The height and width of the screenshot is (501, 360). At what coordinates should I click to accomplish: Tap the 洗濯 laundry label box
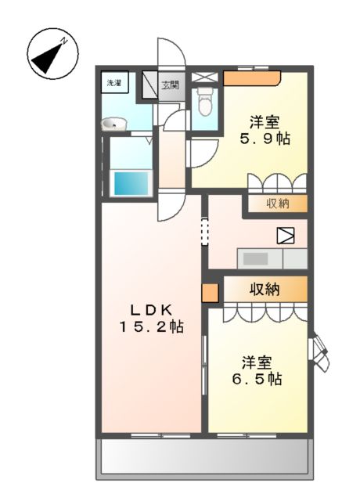click(x=114, y=81)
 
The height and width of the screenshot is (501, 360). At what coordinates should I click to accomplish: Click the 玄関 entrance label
click(x=170, y=84)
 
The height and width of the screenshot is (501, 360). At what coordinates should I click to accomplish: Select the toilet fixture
click(x=205, y=103)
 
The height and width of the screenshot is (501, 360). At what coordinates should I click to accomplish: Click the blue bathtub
click(x=131, y=183)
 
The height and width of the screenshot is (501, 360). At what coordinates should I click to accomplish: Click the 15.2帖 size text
click(x=151, y=326)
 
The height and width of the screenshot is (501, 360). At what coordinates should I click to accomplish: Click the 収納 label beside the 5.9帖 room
click(x=277, y=204)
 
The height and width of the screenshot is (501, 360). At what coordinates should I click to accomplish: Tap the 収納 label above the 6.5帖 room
click(x=265, y=289)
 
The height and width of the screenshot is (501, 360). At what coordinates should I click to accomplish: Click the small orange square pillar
click(x=210, y=294)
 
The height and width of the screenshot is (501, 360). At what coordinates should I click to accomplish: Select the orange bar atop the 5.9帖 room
click(x=251, y=77)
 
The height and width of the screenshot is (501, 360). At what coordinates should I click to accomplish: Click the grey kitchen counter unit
click(x=272, y=258)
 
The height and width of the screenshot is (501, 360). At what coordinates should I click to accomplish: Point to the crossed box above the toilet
click(x=204, y=77)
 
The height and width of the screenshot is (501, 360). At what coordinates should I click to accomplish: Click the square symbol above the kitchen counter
click(x=283, y=235)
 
